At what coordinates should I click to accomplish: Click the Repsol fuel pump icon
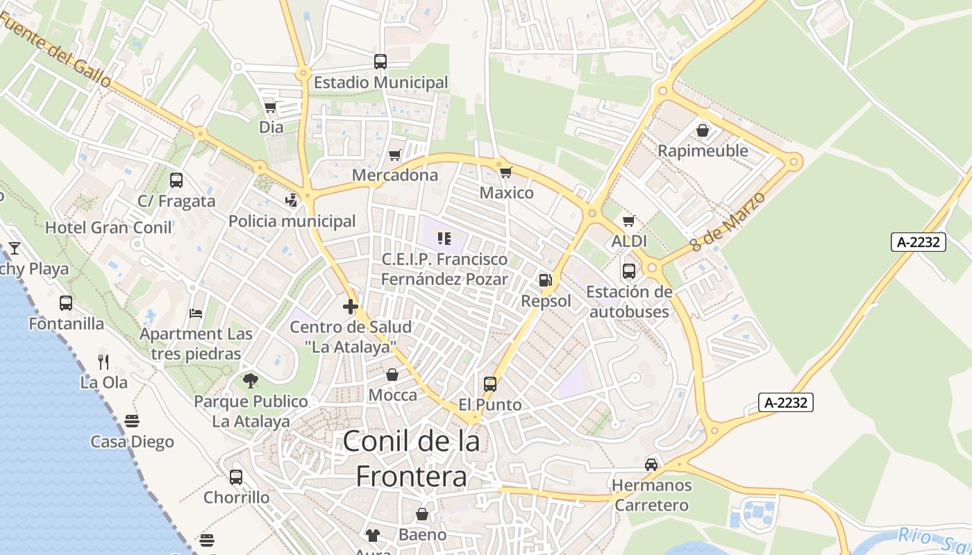click(x=546, y=280)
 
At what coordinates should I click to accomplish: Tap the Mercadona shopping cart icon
click(x=394, y=155)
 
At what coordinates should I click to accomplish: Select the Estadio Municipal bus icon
click(x=380, y=61)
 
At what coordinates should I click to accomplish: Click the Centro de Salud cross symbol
click(x=351, y=306)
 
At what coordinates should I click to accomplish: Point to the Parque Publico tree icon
click(x=250, y=380)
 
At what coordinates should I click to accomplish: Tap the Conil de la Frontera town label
click(x=412, y=459)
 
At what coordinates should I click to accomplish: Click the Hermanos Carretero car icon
click(x=651, y=464)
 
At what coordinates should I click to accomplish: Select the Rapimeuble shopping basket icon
click(x=703, y=130)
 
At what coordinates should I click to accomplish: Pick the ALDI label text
click(x=629, y=241)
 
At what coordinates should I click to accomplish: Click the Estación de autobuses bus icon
click(x=629, y=271)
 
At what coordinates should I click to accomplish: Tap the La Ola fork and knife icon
click(x=103, y=361)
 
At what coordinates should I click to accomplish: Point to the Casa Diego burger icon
click(x=132, y=421)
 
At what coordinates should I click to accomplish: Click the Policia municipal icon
click(x=292, y=200)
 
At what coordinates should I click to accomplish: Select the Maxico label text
click(x=507, y=193)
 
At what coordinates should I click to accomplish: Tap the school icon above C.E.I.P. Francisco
click(x=444, y=239)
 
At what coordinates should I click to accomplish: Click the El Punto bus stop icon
click(x=490, y=384)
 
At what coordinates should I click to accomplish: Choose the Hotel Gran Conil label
click(x=108, y=228)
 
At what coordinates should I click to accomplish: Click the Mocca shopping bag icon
click(x=392, y=375)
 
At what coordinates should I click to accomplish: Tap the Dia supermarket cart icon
click(x=270, y=107)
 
